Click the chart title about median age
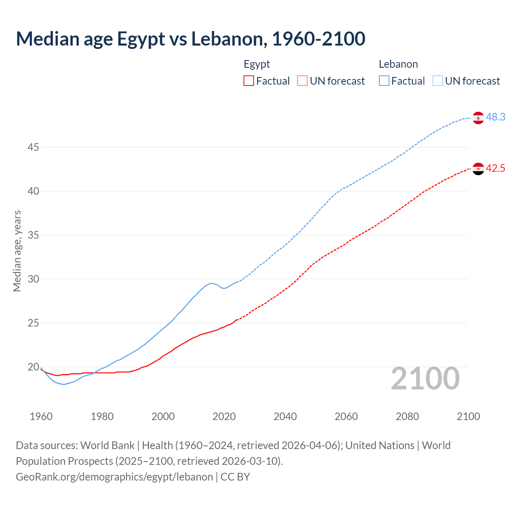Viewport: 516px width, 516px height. [190, 39]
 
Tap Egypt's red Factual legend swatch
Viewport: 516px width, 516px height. [249, 81]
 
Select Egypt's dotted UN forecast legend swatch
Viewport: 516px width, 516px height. [302, 81]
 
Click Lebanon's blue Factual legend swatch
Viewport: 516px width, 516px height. [384, 81]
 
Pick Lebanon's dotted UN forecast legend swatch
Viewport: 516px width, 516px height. [438, 81]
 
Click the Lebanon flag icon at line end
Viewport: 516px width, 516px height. [478, 118]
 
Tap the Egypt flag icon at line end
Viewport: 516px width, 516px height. [478, 169]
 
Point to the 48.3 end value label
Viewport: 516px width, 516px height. [495, 117]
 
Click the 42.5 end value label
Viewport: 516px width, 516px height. [495, 169]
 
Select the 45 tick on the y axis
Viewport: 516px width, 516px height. [33, 148]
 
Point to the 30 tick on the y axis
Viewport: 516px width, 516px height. [33, 279]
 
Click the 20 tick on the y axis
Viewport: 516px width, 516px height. [33, 367]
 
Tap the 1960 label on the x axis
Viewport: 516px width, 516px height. [41, 416]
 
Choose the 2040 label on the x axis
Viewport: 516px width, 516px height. [285, 416]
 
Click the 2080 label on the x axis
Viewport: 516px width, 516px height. [407, 416]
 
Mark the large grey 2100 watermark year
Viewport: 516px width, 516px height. [425, 379]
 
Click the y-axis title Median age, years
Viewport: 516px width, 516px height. [17, 251]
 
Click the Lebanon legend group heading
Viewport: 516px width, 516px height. [398, 64]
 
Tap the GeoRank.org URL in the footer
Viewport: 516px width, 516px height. [114, 477]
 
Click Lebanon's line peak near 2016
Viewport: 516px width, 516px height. [211, 283]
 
